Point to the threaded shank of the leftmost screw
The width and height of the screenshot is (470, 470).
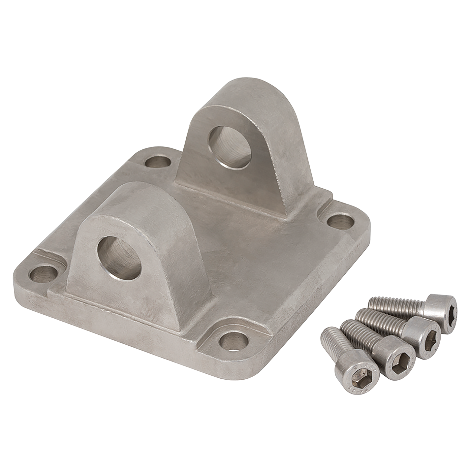[x=333, y=346]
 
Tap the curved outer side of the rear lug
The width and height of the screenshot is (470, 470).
[x=284, y=148]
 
